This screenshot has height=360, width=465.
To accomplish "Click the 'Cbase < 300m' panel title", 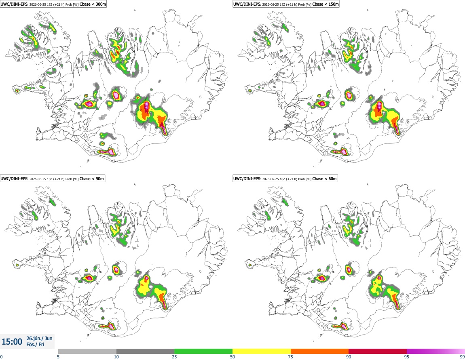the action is coord(93,4).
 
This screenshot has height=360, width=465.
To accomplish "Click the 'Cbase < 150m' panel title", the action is coord(325,4).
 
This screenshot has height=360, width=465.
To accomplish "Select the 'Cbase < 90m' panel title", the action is coord(92,179).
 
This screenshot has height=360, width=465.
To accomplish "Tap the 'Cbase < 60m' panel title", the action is coord(325,179).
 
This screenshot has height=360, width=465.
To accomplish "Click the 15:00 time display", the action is coord(12,342).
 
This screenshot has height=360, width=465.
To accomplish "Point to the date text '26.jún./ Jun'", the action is coord(40,338).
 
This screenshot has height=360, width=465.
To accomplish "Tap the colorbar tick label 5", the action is coord(58,357).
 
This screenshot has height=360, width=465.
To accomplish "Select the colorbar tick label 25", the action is coord(174,357).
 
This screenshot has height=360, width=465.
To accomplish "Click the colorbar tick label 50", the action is coord(232,357).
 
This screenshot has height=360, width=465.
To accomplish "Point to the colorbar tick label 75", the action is coord(291,357).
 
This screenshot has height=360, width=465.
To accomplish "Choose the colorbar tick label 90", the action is coord(349,357).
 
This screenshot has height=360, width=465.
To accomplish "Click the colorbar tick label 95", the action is coord(407,357).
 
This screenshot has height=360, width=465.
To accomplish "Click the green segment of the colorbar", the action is coord(203,351).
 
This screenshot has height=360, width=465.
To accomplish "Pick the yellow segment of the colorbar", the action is coord(262,351).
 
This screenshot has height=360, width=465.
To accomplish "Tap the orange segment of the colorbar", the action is coord(320,351).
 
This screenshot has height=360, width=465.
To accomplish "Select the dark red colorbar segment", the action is coord(378,351).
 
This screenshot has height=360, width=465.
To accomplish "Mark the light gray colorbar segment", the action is coord(87,351).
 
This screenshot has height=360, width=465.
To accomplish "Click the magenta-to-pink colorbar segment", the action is coord(436,351).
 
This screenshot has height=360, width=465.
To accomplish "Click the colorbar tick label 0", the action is coord(2,357).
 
